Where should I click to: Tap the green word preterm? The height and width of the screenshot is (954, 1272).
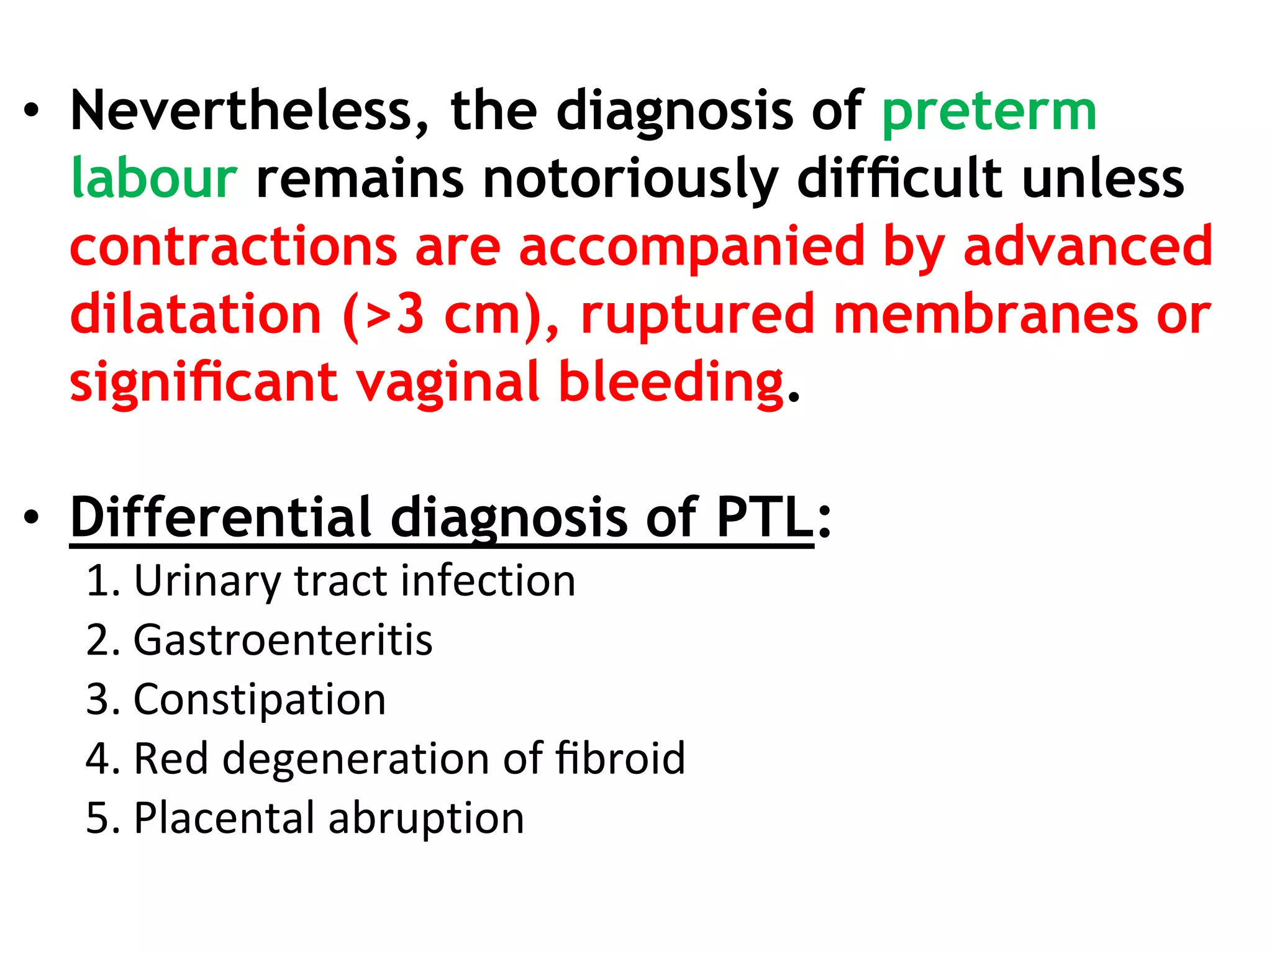pyautogui.click(x=989, y=114)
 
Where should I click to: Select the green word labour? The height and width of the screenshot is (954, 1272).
pyautogui.click(x=154, y=179)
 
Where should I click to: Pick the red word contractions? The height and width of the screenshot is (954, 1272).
pyautogui.click(x=234, y=247)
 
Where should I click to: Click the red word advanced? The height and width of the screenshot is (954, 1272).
pyautogui.click(x=1088, y=247)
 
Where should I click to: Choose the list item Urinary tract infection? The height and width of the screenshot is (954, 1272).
pyautogui.click(x=355, y=581)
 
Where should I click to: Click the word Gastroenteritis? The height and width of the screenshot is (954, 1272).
pyautogui.click(x=283, y=640)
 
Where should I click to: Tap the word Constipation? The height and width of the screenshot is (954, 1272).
pyautogui.click(x=260, y=700)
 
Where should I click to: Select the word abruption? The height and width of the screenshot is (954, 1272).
pyautogui.click(x=426, y=818)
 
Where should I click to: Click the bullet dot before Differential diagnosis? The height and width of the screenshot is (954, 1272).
pyautogui.click(x=32, y=518)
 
